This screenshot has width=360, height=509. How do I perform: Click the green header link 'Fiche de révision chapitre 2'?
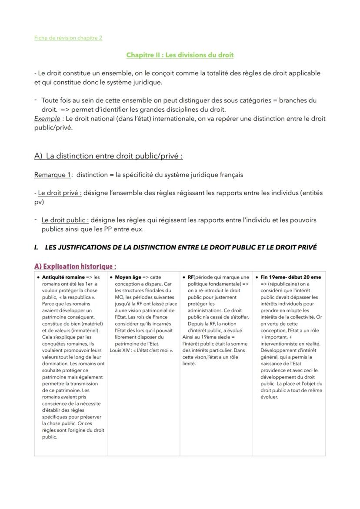[x=68, y=38]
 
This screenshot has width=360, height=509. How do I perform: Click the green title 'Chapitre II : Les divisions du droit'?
[x=180, y=55]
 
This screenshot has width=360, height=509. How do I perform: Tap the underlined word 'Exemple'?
[x=47, y=119]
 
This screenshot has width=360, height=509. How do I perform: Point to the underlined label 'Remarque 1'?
[x=52, y=175]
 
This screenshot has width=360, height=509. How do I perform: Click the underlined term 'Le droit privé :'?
[x=60, y=193]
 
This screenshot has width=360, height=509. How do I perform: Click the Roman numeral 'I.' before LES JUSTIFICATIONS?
[x=37, y=247]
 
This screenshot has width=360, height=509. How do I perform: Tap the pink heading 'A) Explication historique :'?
[x=75, y=266]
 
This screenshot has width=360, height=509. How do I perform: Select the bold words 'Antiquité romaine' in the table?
[x=63, y=277]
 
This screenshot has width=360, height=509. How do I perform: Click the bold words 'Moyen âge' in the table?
[x=128, y=277]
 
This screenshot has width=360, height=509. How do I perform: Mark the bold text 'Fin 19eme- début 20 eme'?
[x=290, y=277]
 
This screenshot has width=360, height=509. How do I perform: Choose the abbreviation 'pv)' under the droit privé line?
[x=39, y=202]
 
